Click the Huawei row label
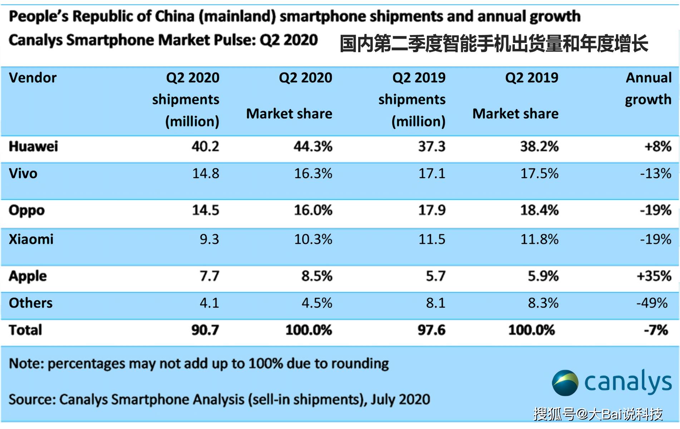click(x=33, y=146)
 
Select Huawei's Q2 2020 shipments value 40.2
click(x=205, y=146)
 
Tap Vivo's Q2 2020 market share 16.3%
click(x=313, y=173)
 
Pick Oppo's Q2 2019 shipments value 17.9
click(x=432, y=210)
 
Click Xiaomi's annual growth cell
click(x=656, y=239)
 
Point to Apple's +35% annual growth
click(x=654, y=276)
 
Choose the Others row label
click(x=31, y=303)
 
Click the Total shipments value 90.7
click(x=205, y=330)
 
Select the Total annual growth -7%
click(x=656, y=330)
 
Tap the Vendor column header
click(x=33, y=78)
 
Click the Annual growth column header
click(x=648, y=89)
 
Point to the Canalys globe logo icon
click(x=565, y=383)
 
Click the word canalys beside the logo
click(x=628, y=382)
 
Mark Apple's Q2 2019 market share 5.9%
click(x=543, y=276)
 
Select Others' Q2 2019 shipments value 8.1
click(x=435, y=303)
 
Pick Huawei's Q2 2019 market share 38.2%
click(x=539, y=146)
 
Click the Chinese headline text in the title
click(x=494, y=44)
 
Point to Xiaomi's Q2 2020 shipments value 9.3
click(x=209, y=239)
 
